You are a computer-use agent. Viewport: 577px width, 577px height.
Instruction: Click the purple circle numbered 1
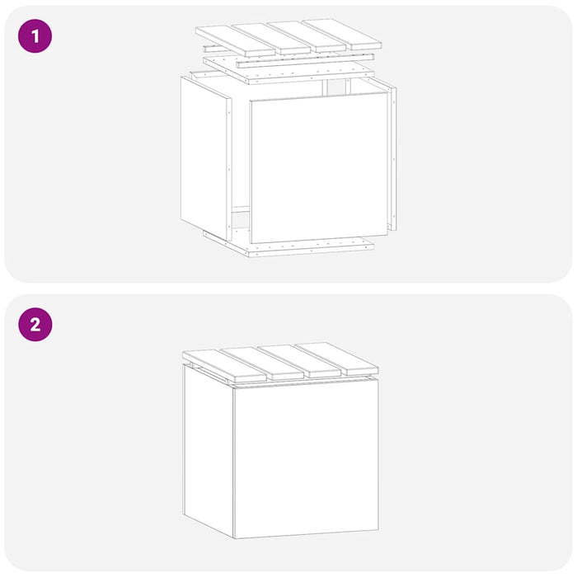tap(35, 36)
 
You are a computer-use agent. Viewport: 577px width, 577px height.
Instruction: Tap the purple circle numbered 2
tap(35, 325)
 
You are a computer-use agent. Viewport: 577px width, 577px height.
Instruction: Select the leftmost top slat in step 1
tap(236, 41)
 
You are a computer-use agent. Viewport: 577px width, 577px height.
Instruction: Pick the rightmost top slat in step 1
tap(342, 35)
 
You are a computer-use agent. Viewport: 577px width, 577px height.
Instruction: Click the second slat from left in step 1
tap(271, 39)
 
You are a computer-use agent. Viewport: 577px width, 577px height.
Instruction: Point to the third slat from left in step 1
tap(307, 36)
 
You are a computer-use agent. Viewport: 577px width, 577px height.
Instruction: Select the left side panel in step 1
tap(206, 158)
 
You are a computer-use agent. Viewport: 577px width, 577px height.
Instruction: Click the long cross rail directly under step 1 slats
tap(306, 61)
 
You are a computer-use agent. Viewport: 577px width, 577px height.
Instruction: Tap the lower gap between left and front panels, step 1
tap(241, 220)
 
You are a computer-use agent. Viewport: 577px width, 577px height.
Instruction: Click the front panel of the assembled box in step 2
tap(306, 458)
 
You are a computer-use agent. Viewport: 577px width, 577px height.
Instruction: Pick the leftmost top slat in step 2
tap(224, 365)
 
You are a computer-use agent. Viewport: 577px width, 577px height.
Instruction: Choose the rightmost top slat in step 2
tap(336, 358)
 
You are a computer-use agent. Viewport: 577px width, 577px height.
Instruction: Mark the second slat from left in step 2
tap(262, 364)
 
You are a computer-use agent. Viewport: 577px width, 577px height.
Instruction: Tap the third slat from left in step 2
tap(299, 361)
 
